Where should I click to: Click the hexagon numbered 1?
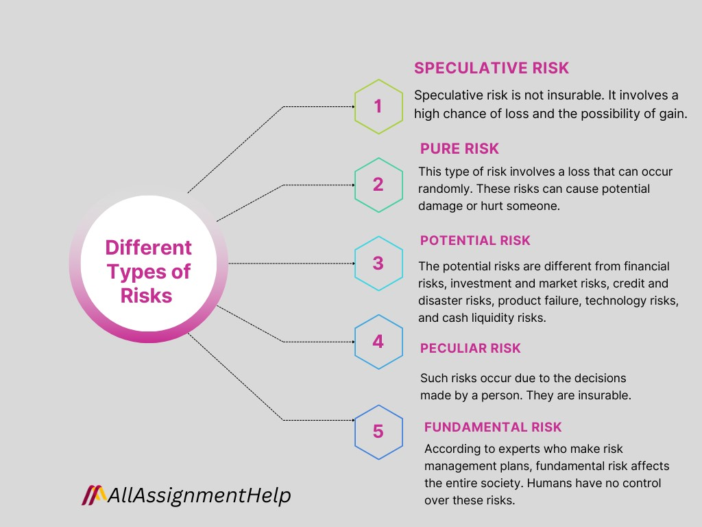pos(378,106)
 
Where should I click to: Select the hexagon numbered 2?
pos(378,185)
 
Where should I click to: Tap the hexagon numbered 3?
pos(378,263)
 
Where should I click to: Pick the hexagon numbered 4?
pos(378,341)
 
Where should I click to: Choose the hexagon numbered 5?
pos(378,432)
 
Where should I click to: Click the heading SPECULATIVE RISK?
pos(492,68)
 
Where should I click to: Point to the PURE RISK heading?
pos(459,149)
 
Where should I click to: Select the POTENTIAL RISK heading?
pos(475,240)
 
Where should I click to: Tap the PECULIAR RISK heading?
pos(470,348)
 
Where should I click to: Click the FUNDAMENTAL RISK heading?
pos(493,427)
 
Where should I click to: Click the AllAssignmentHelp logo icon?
pos(94,495)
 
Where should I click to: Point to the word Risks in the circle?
pos(146,295)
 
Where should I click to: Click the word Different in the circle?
pos(148,247)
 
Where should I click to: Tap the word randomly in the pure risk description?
pos(441,188)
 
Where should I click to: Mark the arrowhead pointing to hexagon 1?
pos(351,106)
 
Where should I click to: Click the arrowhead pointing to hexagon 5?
pos(351,420)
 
